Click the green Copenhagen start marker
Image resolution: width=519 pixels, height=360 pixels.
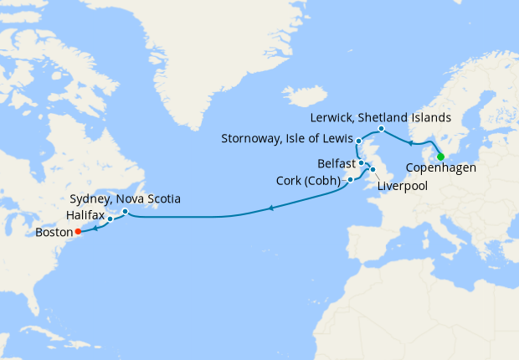pyautogui.click(x=440, y=156)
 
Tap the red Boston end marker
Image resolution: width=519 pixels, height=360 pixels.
pyautogui.click(x=78, y=231)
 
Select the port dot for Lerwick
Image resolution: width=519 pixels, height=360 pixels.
pyautogui.click(x=381, y=128)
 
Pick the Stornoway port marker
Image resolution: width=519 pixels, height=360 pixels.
pyautogui.click(x=358, y=140)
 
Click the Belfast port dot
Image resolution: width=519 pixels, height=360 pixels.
pyautogui.click(x=361, y=163)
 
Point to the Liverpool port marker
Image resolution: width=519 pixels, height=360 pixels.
pyautogui.click(x=373, y=170)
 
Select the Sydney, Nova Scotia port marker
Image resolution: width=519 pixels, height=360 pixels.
pyautogui.click(x=125, y=211)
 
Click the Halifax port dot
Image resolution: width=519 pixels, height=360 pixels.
pyautogui.click(x=110, y=220)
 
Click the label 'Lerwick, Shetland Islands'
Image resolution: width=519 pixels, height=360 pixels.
pyautogui.click(x=380, y=116)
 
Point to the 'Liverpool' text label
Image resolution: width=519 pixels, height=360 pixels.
pyautogui.click(x=403, y=186)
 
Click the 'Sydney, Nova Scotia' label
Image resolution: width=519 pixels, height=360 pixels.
pyautogui.click(x=125, y=198)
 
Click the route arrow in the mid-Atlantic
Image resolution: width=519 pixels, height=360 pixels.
pyautogui.click(x=270, y=208)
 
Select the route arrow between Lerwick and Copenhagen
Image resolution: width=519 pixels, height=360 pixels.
pyautogui.click(x=410, y=142)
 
